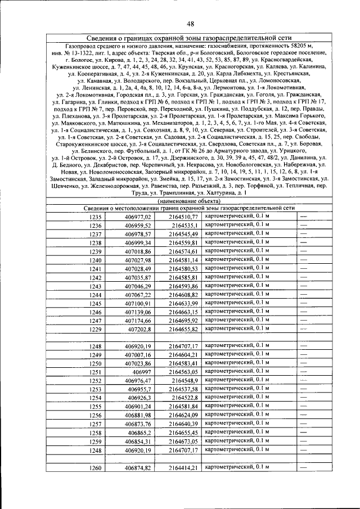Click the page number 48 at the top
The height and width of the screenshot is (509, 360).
coord(191,23)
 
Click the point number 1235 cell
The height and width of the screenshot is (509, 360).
coord(96,217)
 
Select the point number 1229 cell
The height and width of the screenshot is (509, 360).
coord(96,329)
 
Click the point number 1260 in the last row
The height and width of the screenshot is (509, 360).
coord(96,468)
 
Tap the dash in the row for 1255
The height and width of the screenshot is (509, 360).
coord(304,406)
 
